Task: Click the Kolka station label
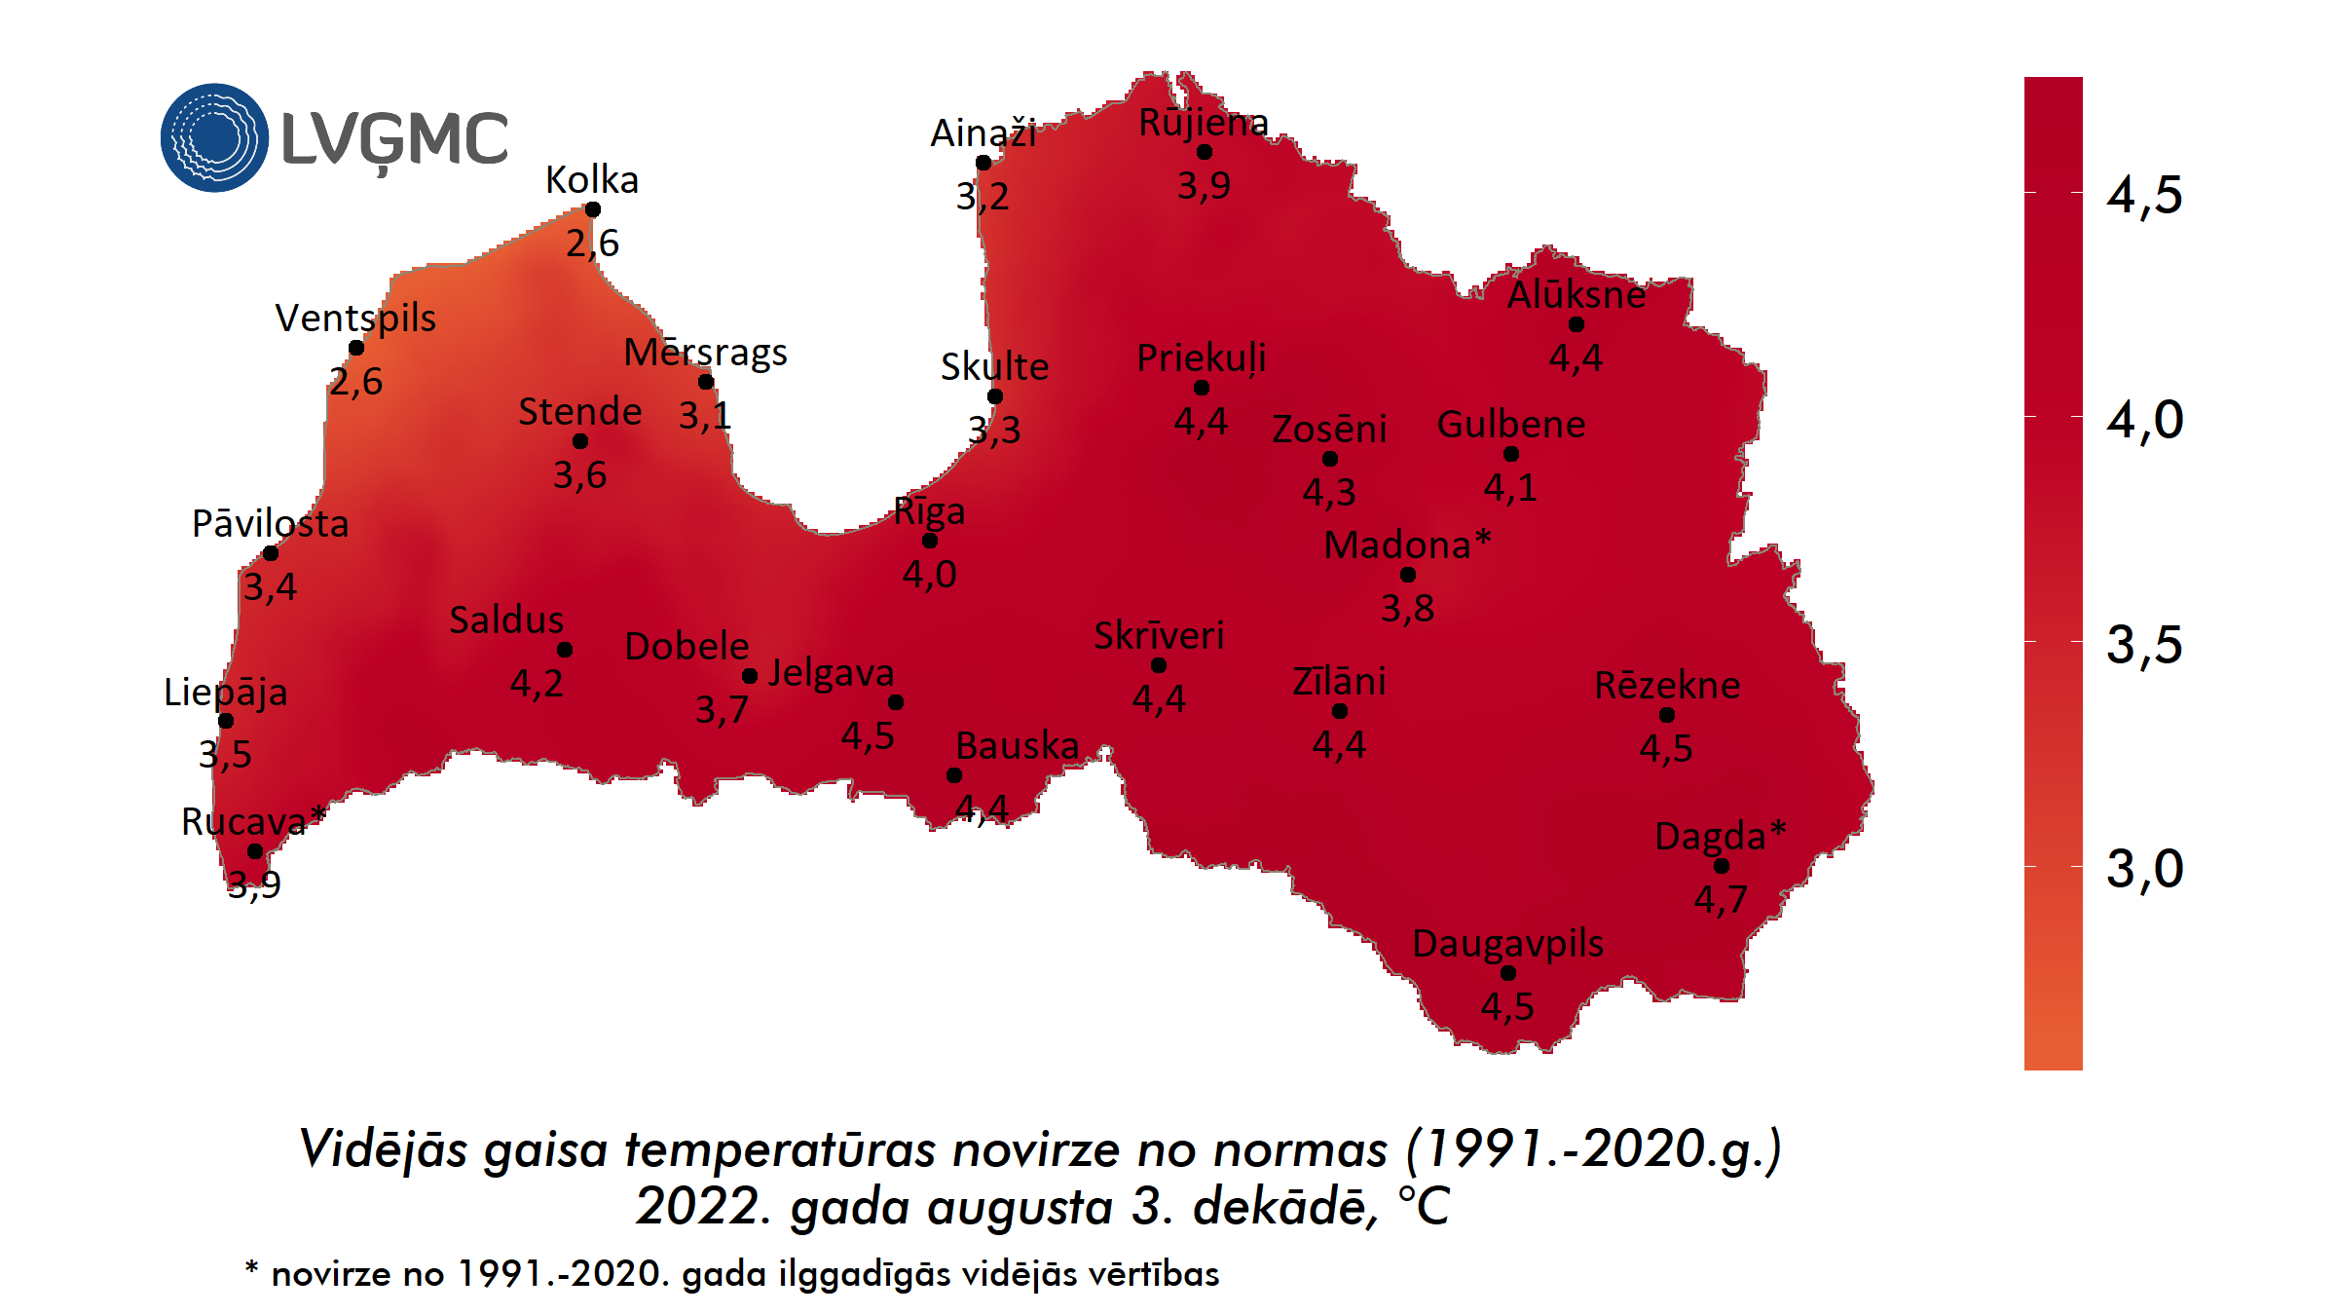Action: click(x=592, y=180)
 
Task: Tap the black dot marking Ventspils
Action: click(x=356, y=348)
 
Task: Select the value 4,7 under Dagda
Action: click(x=1721, y=898)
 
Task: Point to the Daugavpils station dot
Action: click(x=1508, y=973)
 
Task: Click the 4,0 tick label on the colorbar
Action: click(x=2144, y=420)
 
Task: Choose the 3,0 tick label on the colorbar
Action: click(x=2144, y=868)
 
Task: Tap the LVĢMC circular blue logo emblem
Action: click(x=214, y=137)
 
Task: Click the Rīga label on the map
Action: click(x=929, y=510)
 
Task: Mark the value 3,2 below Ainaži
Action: click(x=983, y=196)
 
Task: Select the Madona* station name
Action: click(x=1406, y=545)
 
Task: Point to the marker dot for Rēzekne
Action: click(x=1667, y=715)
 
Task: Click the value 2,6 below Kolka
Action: click(x=592, y=243)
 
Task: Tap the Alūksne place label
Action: click(x=1576, y=294)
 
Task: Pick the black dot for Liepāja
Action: click(x=226, y=721)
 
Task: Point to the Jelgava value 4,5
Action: click(x=868, y=735)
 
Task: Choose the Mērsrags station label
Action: click(x=705, y=353)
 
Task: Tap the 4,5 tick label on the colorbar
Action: click(x=2144, y=195)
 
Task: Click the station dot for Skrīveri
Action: click(x=1159, y=665)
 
